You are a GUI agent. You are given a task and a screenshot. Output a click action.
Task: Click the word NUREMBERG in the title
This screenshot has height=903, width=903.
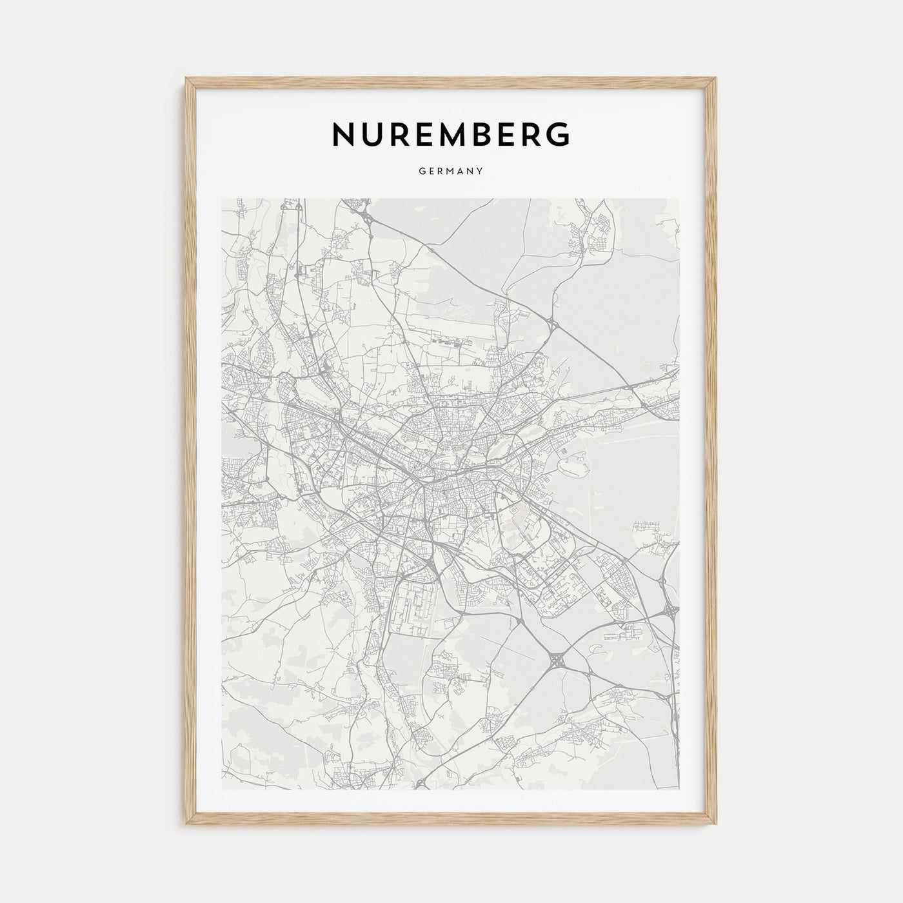pyautogui.click(x=451, y=134)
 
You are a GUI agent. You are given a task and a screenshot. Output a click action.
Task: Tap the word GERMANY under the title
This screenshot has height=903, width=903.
pyautogui.click(x=451, y=172)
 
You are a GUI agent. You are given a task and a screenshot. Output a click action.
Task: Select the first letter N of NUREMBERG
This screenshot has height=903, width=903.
pyautogui.click(x=342, y=134)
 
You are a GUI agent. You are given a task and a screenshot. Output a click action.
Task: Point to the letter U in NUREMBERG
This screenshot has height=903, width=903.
pyautogui.click(x=373, y=134)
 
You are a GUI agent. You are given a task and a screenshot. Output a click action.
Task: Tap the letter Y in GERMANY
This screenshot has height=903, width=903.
pyautogui.click(x=481, y=172)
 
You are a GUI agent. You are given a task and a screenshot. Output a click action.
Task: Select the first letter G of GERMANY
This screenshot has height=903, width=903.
pyautogui.click(x=421, y=172)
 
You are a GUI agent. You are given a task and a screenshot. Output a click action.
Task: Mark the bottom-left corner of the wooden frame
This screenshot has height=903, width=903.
pyautogui.click(x=186, y=825)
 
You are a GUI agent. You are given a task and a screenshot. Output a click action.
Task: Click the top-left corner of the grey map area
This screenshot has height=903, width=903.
pyautogui.click(x=222, y=199)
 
